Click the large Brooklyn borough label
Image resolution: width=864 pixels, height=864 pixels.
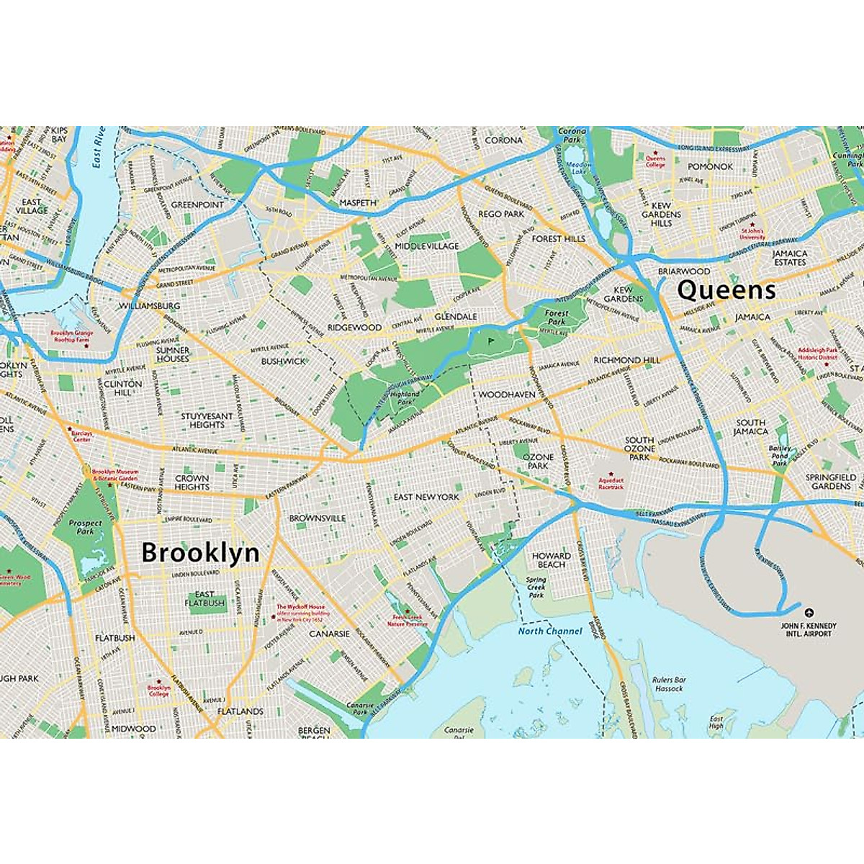200,553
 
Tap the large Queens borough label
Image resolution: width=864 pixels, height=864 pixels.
726,290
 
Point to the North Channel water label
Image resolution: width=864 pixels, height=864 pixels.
550,631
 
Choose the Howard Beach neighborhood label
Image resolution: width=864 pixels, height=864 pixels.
551,560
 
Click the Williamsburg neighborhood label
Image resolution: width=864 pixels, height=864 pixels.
149,306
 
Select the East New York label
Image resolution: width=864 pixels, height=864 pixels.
426,497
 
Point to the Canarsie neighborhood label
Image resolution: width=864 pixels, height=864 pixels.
329,634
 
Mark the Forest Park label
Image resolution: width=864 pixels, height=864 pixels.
557,318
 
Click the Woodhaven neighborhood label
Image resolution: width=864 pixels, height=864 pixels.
507,395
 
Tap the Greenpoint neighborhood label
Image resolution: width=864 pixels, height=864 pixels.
197,204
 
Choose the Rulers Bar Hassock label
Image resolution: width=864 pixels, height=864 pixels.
669,684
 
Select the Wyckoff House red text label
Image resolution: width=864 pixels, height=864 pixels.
301,611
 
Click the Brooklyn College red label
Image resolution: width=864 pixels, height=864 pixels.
159,690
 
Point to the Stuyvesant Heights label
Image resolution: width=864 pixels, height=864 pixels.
207,420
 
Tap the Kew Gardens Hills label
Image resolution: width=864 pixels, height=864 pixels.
661,214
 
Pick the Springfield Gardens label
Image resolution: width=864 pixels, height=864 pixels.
831,482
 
